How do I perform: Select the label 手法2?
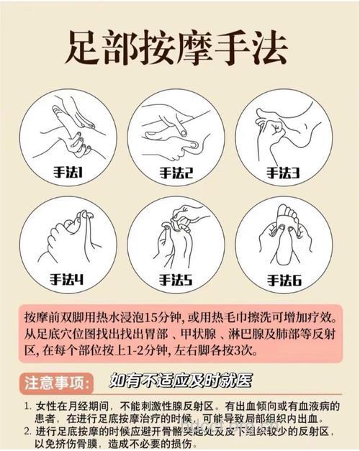(177, 172)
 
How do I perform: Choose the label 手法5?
(177, 279)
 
